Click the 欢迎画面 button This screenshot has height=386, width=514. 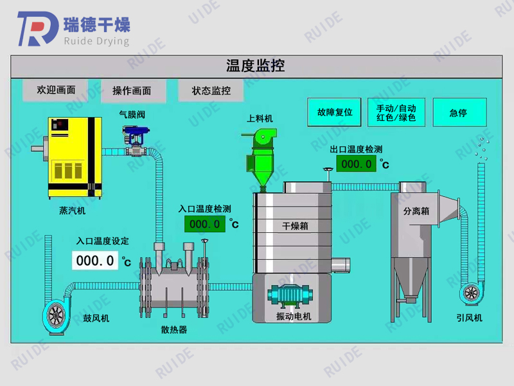[56, 91]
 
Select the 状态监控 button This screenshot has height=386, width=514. [211, 91]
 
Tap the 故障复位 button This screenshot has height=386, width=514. [335, 112]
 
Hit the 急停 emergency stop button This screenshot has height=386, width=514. [459, 113]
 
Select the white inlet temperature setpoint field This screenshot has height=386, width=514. [95, 261]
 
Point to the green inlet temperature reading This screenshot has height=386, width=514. [205, 224]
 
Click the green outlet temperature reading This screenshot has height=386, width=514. [356, 163]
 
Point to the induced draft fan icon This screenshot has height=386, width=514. [471, 293]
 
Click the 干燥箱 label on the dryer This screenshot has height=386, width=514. [296, 226]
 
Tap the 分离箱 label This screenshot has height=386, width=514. [416, 211]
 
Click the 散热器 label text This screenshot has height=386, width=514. [173, 330]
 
